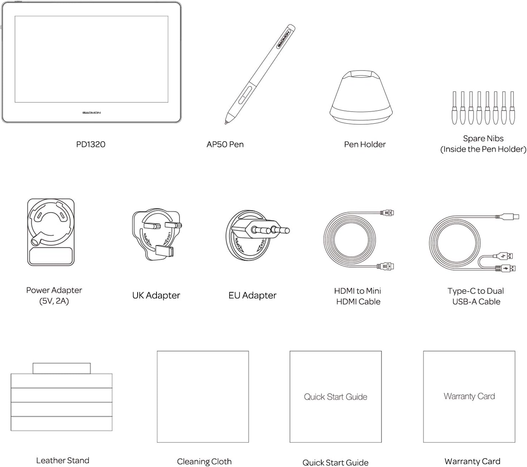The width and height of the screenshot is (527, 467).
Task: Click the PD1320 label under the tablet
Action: coord(91,144)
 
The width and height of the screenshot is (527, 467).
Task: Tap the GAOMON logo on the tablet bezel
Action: coord(91,113)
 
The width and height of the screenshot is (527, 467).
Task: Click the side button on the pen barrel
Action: coord(245,95)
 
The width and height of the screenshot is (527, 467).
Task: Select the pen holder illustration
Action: coord(361,97)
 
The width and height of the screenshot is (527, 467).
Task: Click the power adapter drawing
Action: coord(51,232)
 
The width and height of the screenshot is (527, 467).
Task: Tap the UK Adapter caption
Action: coord(156,296)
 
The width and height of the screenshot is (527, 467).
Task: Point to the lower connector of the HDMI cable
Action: coord(385,266)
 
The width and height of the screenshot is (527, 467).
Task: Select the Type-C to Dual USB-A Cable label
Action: coord(476,296)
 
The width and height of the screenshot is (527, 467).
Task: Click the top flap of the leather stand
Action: coord(62,368)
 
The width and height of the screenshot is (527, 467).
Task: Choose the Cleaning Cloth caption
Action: coord(204,462)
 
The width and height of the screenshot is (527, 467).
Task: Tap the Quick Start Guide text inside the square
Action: coord(336,397)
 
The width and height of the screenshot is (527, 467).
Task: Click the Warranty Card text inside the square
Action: coord(469,396)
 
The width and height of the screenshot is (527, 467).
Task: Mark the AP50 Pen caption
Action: coord(225,144)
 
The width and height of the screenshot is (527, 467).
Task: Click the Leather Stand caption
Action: coord(63,461)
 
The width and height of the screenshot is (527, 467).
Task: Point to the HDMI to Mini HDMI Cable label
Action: coord(358,296)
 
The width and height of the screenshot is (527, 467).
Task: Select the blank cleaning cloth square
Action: coord(203,397)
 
